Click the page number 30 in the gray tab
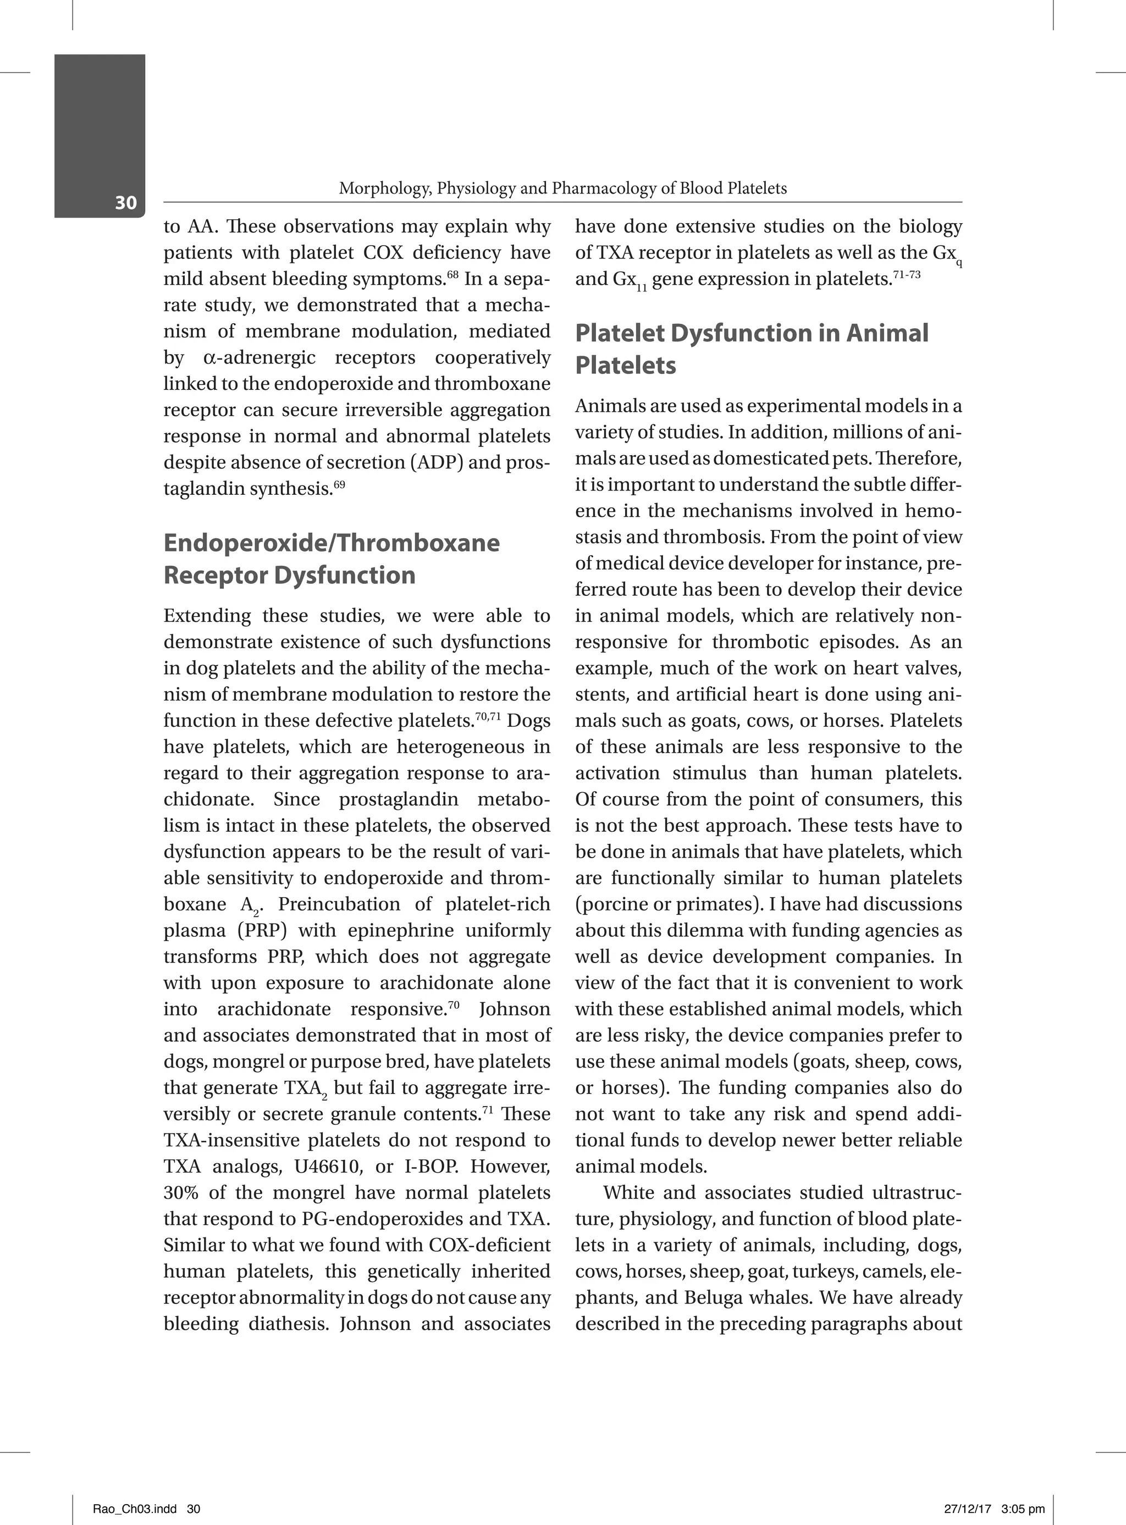[x=125, y=202]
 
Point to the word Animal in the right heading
[x=887, y=333]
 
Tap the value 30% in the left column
[x=181, y=1192]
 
